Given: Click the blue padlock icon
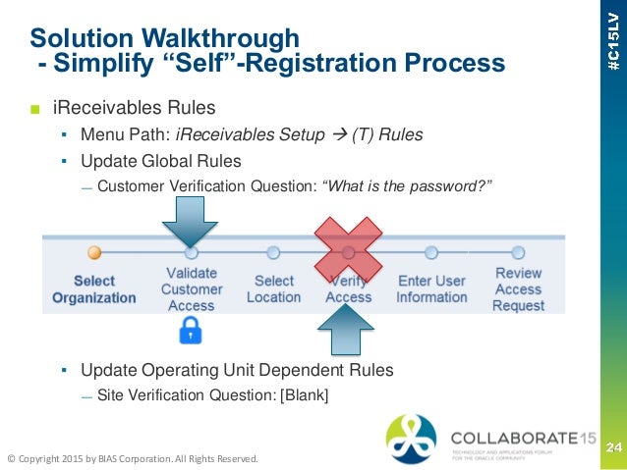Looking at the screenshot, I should (x=191, y=334).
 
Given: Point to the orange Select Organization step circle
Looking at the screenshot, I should (x=94, y=252).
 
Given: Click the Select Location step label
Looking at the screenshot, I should (x=273, y=288).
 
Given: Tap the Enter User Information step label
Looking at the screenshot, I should (x=431, y=288).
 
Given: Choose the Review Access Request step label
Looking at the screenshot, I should (x=518, y=288).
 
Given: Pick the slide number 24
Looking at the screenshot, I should (x=612, y=447).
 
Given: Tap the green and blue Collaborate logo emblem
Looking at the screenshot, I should (x=411, y=439).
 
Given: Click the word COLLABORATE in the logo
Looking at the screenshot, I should (x=507, y=437).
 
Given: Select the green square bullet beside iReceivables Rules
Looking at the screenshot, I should (x=34, y=107).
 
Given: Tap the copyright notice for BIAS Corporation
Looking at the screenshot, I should (x=132, y=458).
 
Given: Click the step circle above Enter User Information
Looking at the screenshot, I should (x=431, y=252).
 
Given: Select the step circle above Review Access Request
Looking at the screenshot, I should (x=518, y=252).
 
